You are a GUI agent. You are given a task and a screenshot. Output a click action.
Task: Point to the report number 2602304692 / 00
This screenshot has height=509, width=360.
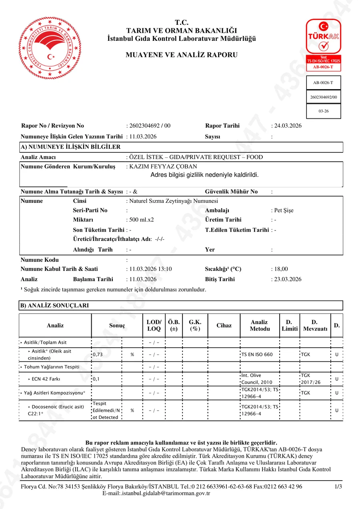click(x=149, y=126)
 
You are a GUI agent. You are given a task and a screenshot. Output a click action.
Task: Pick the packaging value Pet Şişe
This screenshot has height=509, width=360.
click(x=284, y=210)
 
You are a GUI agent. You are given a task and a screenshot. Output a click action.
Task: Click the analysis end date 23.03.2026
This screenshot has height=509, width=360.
click(x=287, y=279)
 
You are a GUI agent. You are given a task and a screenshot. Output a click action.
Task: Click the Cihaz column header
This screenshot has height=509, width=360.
click(x=224, y=325)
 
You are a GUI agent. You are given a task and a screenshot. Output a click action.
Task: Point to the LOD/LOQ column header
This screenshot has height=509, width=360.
click(x=154, y=325)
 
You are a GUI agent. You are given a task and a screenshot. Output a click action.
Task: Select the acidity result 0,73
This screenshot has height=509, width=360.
click(x=98, y=355)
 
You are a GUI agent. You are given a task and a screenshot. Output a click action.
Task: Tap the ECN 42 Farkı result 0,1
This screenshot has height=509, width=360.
click(x=96, y=379)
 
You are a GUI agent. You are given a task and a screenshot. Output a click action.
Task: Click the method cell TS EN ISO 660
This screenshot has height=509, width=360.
click(x=257, y=355)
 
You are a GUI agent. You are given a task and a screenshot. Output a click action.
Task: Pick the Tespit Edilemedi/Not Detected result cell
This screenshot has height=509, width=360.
click(x=105, y=411)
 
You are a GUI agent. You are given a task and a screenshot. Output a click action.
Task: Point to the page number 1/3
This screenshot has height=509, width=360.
click(x=338, y=487)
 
